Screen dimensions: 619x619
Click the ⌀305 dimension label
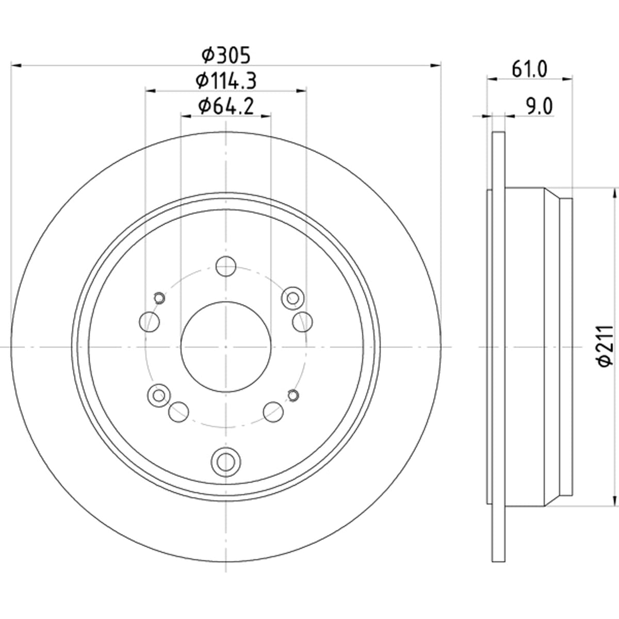(x=226, y=55)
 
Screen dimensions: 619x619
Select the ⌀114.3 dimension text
(x=226, y=81)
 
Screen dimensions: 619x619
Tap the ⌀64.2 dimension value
(x=226, y=106)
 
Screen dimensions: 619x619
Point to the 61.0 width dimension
(x=529, y=70)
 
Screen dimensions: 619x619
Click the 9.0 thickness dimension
(x=540, y=107)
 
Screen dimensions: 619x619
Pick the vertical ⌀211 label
(x=606, y=346)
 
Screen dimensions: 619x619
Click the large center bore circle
(x=226, y=347)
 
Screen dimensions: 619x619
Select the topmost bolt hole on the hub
(x=226, y=266)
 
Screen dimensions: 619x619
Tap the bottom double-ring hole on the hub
(x=226, y=462)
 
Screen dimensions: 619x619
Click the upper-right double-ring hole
(x=293, y=299)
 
